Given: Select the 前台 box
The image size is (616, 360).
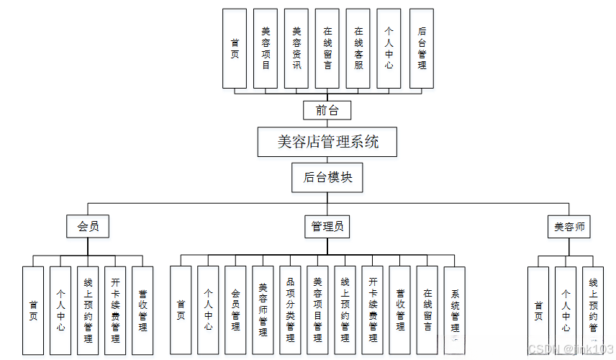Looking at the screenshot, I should [327, 110].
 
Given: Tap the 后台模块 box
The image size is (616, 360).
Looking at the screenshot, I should [327, 177].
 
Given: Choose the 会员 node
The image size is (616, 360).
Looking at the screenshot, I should [88, 227].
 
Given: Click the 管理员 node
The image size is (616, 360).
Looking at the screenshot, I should [327, 227].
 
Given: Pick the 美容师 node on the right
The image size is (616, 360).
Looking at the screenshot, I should [569, 227].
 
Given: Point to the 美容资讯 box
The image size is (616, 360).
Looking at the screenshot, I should [296, 48].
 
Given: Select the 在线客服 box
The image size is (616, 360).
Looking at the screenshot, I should [358, 48].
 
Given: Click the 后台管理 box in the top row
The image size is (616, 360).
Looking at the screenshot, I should [422, 48].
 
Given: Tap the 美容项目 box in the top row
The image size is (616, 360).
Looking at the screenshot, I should [266, 48].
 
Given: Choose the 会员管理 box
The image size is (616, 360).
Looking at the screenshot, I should [235, 310].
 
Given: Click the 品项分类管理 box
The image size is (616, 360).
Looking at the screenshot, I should [290, 310].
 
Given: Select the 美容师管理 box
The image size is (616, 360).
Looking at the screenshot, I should [263, 310].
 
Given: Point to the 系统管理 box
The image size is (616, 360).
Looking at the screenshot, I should [455, 310].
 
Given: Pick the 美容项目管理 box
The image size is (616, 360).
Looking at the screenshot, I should [317, 310].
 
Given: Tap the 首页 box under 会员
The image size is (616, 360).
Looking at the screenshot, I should [33, 310].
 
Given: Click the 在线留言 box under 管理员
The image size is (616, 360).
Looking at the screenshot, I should [427, 310].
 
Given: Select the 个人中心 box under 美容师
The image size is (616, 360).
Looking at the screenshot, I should [566, 310].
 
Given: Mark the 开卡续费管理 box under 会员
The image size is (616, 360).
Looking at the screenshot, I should [115, 310].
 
